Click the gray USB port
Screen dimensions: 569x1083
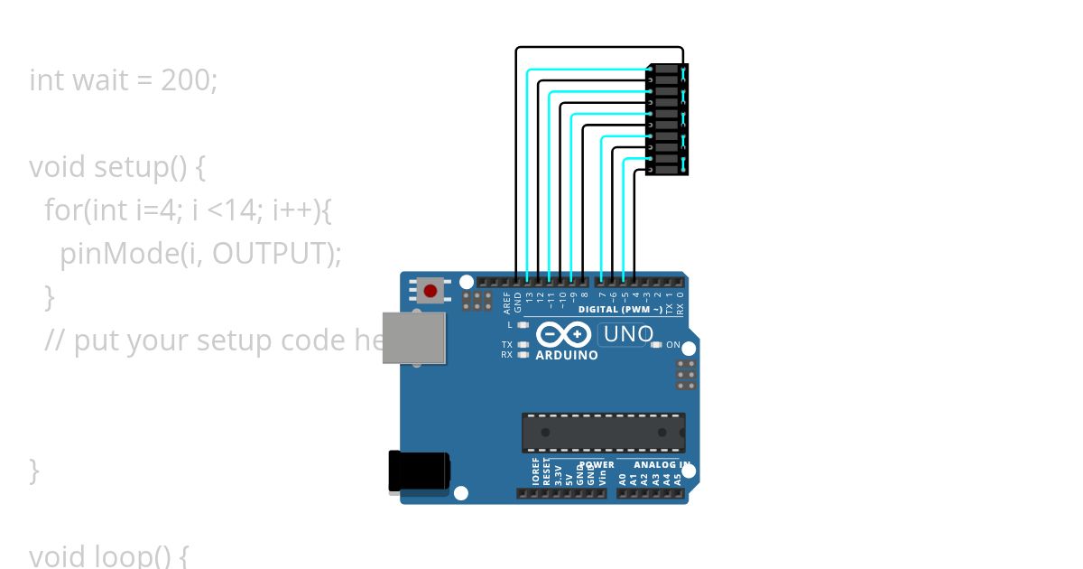point(413,338)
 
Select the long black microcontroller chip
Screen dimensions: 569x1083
point(603,433)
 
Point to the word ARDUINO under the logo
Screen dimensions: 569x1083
point(567,356)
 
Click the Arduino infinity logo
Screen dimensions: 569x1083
point(564,335)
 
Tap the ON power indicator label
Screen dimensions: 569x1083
point(672,345)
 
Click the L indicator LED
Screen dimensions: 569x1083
point(523,323)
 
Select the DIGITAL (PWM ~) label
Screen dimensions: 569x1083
point(620,310)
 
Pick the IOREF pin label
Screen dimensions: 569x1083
point(535,472)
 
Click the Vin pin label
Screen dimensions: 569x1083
point(602,476)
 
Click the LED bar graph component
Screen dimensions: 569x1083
point(666,120)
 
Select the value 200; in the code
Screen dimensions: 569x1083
point(190,80)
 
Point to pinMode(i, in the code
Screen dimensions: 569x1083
point(132,254)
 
